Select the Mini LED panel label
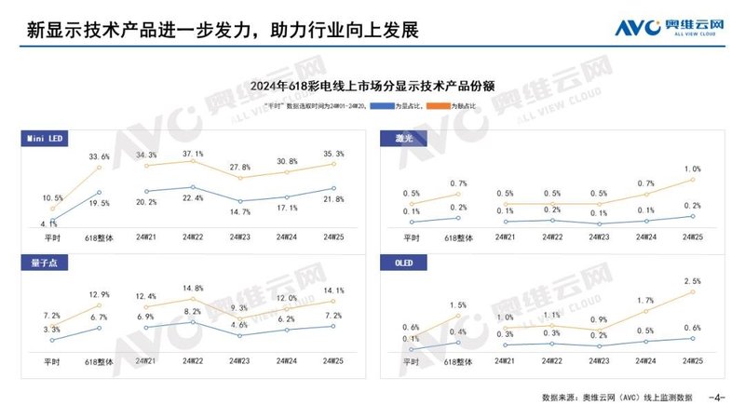[x=44, y=139]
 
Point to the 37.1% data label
[x=194, y=153]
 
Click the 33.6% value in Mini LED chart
[x=99, y=156]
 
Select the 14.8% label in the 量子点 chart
[x=194, y=289]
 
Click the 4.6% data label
[x=240, y=325]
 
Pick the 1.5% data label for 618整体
[x=457, y=305]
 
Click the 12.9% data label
[x=99, y=295]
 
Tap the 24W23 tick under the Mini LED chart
[x=241, y=238]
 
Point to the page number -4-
[x=716, y=398]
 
